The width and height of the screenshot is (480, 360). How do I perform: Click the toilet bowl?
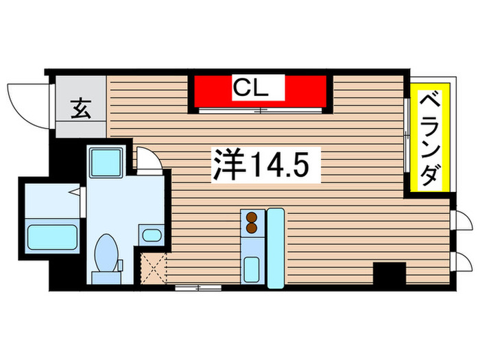(106, 252)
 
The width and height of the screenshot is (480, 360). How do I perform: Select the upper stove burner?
(251, 217)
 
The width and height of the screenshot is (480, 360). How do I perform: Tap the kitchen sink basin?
(251, 267)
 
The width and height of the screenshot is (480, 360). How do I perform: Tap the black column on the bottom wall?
(389, 273)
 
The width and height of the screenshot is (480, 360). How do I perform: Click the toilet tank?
(104, 277)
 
